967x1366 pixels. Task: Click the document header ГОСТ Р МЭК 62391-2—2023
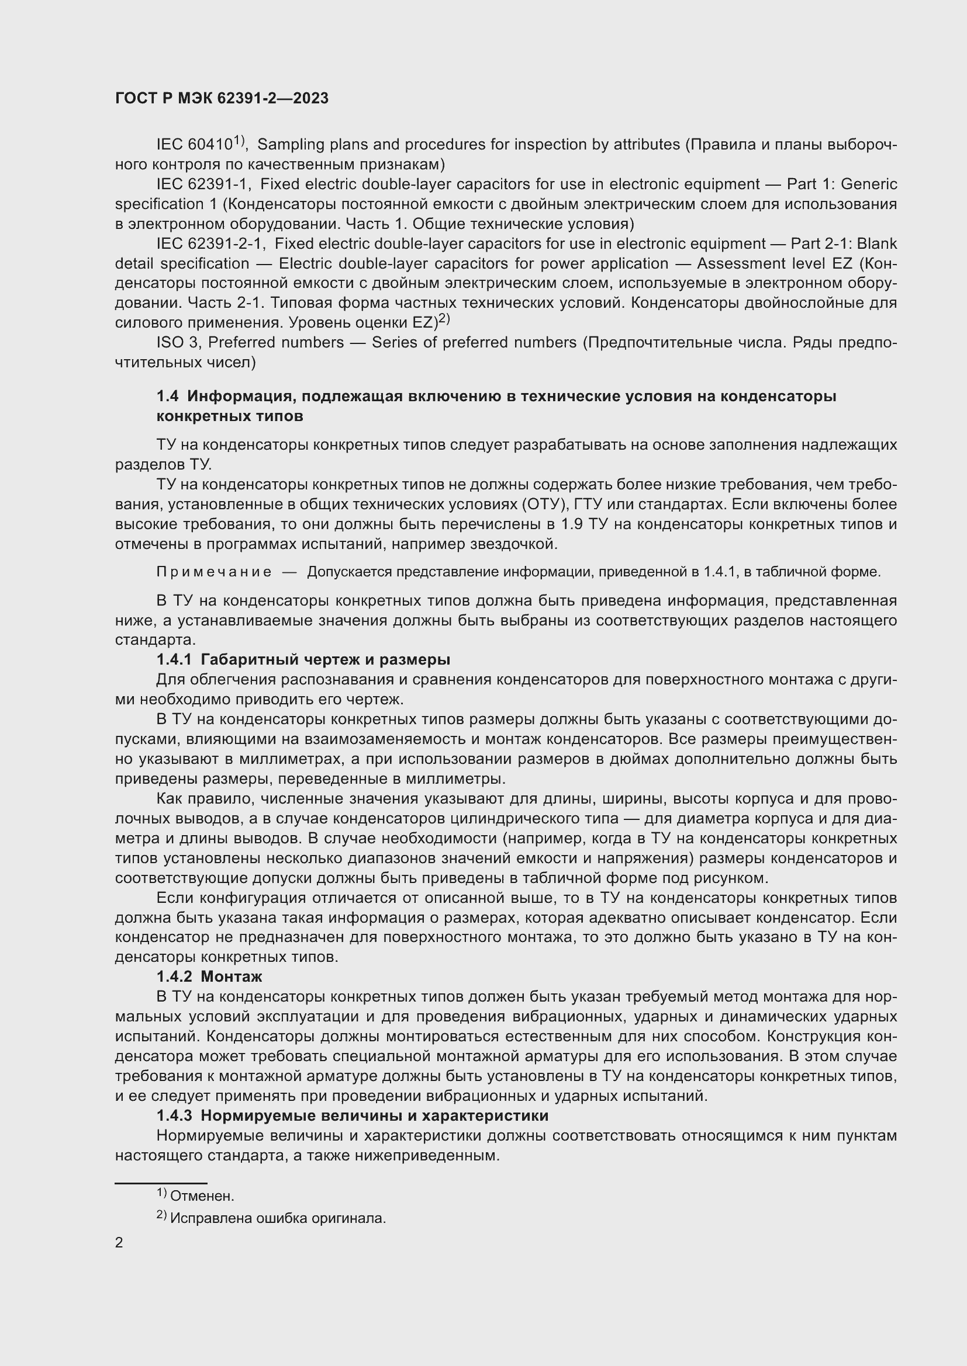pos(222,99)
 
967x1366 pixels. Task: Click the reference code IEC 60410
pos(194,145)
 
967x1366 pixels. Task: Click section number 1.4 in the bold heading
pos(167,396)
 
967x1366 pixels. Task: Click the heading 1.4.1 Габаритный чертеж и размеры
pos(303,660)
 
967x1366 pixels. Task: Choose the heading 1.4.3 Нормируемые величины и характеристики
pos(353,1115)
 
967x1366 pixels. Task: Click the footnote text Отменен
pos(202,1197)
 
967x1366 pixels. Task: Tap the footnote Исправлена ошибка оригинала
pos(278,1218)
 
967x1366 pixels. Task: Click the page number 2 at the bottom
pos(119,1243)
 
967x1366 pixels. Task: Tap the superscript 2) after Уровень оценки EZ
pos(444,319)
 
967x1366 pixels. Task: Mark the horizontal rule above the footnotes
pos(161,1183)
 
